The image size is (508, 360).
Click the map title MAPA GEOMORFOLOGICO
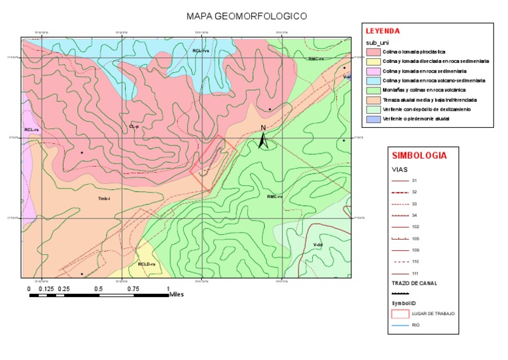tap(247, 15)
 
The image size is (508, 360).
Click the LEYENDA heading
tap(384, 31)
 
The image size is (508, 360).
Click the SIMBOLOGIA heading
tap(419, 156)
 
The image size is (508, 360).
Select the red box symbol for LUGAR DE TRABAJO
tap(401, 313)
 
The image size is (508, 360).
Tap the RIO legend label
tap(415, 325)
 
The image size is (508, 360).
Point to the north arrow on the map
tap(263, 138)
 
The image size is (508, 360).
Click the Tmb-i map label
tap(104, 199)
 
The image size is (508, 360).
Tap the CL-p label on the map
tap(134, 126)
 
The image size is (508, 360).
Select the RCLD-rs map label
tap(147, 264)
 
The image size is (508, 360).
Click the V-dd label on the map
tap(317, 245)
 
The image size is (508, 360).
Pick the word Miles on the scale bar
tap(177, 294)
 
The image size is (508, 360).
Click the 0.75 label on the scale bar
tap(134, 289)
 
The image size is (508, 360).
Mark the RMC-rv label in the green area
tap(275, 197)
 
